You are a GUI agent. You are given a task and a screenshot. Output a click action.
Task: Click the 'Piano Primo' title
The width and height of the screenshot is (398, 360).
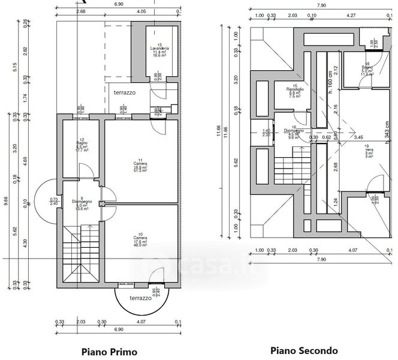pos(108,352)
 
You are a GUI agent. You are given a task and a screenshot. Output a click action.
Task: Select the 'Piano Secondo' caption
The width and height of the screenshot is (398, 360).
pos(304,350)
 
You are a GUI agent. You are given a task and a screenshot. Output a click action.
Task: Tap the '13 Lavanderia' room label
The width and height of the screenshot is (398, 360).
pos(159,50)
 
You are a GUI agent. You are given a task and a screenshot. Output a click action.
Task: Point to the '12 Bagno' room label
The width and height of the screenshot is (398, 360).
pos(82,145)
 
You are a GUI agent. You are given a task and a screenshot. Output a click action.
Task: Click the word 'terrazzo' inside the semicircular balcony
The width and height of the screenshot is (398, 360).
pos(141,298)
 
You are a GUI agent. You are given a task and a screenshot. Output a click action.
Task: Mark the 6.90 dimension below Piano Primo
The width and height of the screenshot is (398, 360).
pos(118,329)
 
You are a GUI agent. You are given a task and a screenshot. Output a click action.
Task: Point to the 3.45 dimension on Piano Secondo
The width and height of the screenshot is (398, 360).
pos(358,138)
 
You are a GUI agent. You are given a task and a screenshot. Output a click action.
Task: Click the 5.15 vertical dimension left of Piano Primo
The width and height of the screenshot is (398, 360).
pos(16,68)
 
